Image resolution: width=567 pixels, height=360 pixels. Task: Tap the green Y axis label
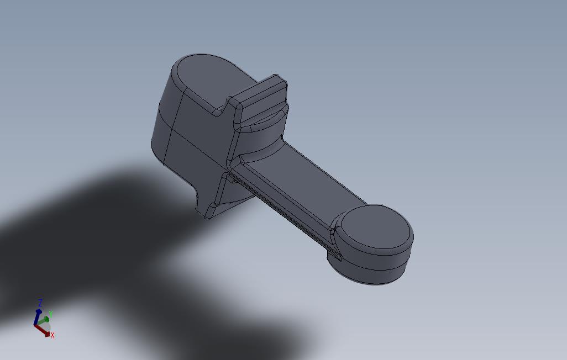click(51, 314)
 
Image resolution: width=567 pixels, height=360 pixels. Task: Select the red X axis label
click(53, 335)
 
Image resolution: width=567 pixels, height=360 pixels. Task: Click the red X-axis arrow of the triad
click(43, 330)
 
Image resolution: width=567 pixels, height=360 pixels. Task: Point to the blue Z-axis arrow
click(37, 317)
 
